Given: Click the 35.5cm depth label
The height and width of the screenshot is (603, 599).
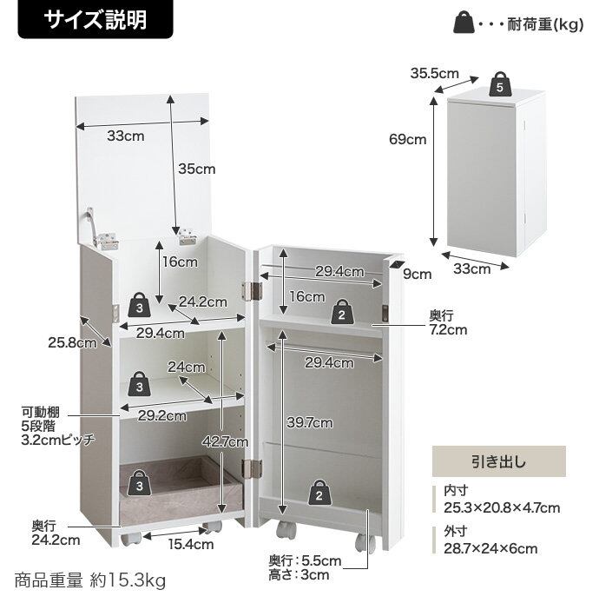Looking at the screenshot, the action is click(x=434, y=74).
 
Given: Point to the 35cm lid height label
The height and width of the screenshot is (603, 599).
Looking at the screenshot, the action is click(x=197, y=169).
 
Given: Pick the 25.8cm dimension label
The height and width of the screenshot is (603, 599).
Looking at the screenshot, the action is click(x=72, y=342).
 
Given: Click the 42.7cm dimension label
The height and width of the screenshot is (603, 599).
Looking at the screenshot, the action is click(x=229, y=442).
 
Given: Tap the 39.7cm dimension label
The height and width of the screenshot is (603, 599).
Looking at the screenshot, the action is click(x=309, y=423).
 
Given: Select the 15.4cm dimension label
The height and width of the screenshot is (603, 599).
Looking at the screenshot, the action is click(x=191, y=545).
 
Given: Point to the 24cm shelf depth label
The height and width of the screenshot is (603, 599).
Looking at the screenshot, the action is click(x=187, y=367).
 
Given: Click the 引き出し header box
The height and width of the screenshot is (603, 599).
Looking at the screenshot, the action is click(x=498, y=461).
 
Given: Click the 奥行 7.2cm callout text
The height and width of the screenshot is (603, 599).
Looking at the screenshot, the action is click(x=448, y=322).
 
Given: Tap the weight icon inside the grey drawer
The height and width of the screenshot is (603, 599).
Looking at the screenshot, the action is click(x=141, y=480).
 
